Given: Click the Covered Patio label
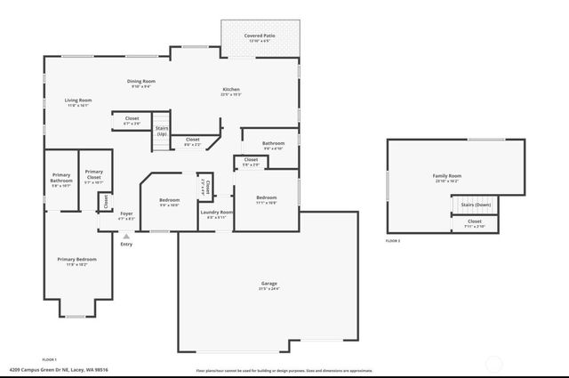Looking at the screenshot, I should tap(260, 36).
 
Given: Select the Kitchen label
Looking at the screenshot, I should tap(231, 89).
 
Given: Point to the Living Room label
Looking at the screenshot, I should tap(78, 101).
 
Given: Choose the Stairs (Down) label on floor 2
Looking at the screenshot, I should tap(477, 205).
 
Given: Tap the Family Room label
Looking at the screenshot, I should tap(447, 176).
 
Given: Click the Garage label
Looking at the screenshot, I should tap(268, 284).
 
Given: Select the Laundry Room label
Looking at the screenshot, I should tap(216, 212).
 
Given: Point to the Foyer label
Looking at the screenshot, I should tap(127, 213).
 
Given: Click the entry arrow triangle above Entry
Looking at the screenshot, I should tap(126, 236).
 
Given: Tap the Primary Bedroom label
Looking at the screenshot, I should tap(77, 259).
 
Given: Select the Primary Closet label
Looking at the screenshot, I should tap(93, 176).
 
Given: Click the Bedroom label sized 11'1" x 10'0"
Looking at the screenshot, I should tap(267, 197).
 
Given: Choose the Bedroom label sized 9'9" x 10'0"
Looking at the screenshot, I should tap(169, 200).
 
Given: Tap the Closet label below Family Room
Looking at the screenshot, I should tap(474, 221).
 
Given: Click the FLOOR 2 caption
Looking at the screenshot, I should tap(393, 241).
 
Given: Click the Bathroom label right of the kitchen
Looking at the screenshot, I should tap(273, 143).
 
